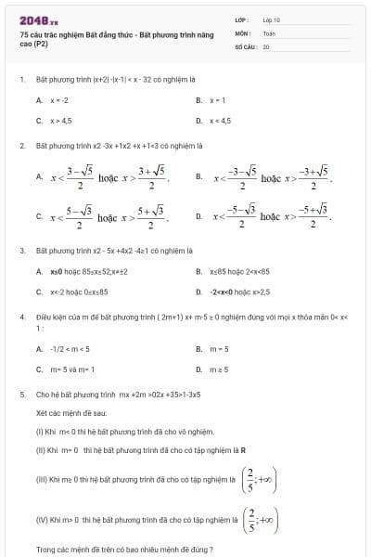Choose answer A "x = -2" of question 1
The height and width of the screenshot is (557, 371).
pos(58,99)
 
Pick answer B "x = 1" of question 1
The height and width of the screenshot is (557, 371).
pos(218,99)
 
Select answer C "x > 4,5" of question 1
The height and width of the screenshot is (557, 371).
pos(60,121)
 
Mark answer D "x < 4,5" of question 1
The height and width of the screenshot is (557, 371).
pos(221,121)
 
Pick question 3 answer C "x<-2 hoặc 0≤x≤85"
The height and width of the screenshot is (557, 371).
pos(79,291)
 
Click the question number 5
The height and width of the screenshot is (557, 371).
pos(21,394)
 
